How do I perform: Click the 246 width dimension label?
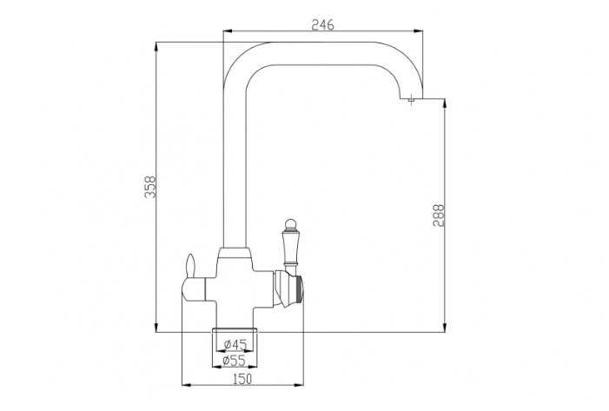coord(322,25)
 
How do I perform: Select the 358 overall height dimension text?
coord(149,187)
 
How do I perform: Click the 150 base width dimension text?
coord(242,378)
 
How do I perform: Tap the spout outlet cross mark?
coord(410,101)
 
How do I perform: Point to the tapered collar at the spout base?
coord(235,255)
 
